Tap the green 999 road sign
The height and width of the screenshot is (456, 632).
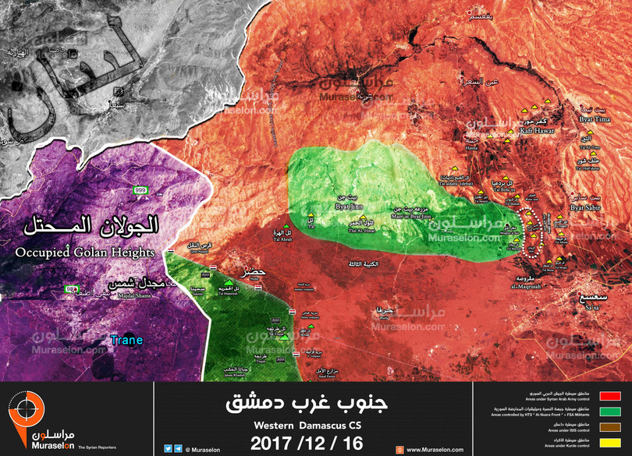(x=140, y=190)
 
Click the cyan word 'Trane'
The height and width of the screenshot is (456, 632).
(x=126, y=340)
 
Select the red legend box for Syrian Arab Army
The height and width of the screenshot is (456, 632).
(x=610, y=396)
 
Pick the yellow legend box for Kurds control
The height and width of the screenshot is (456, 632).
(x=610, y=443)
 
